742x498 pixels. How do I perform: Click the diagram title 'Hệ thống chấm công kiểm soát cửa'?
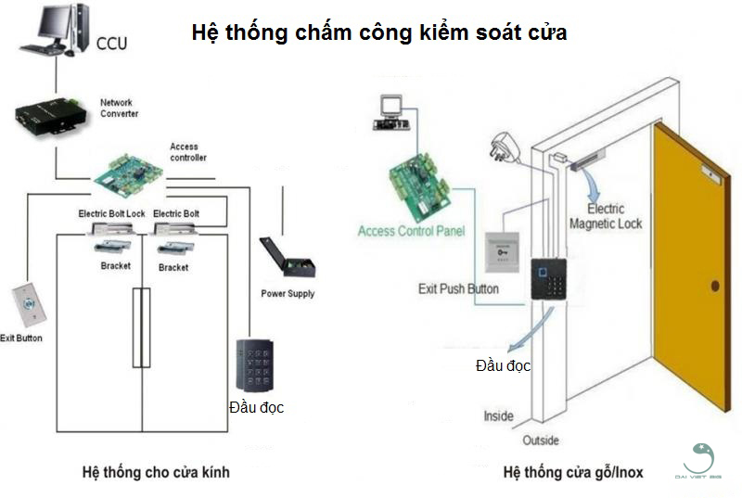[x=378, y=32]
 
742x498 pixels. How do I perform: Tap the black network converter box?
[x=46, y=115]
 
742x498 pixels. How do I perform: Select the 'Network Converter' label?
[x=120, y=108]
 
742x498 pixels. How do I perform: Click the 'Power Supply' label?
[x=288, y=294]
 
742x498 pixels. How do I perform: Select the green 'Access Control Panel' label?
[x=411, y=231]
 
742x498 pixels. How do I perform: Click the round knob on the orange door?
[x=714, y=285]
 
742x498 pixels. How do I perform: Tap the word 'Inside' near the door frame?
[x=498, y=416]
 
